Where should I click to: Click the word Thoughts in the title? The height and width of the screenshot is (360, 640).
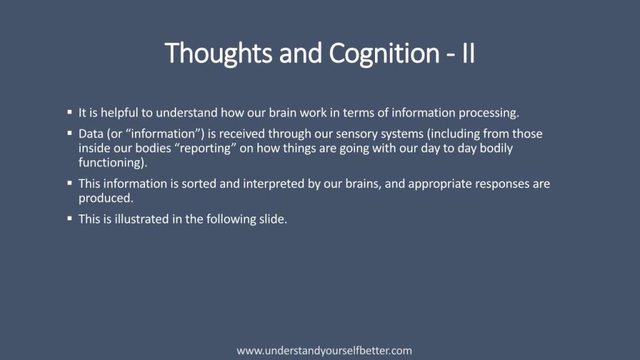[218, 54]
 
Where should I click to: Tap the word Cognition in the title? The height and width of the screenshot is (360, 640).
[384, 54]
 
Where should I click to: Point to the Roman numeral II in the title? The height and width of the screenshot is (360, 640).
[469, 52]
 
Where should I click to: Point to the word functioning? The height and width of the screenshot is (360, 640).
[111, 162]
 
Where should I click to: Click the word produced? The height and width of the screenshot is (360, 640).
[106, 198]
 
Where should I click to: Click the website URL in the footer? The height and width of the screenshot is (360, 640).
[324, 351]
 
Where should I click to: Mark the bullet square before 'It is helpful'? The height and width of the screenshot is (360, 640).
[70, 111]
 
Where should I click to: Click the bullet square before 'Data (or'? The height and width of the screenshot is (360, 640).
[70, 132]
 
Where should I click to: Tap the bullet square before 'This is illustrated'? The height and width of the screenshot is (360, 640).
[70, 218]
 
